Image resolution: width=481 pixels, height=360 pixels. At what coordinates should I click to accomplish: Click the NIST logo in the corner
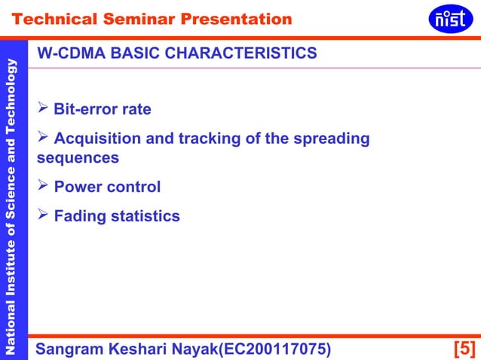(450, 18)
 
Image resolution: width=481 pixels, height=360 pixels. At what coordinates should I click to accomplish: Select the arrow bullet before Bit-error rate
(43, 108)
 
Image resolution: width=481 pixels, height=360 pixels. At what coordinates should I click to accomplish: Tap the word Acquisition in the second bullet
(102, 139)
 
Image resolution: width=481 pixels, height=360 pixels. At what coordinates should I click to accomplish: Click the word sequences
(78, 159)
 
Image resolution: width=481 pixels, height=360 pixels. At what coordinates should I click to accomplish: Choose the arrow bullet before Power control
(43, 186)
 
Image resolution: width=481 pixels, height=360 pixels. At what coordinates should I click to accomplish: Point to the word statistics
(146, 217)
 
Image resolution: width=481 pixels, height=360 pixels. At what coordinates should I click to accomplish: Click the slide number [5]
(464, 349)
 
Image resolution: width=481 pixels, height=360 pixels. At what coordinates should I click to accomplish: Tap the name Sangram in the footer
(72, 349)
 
